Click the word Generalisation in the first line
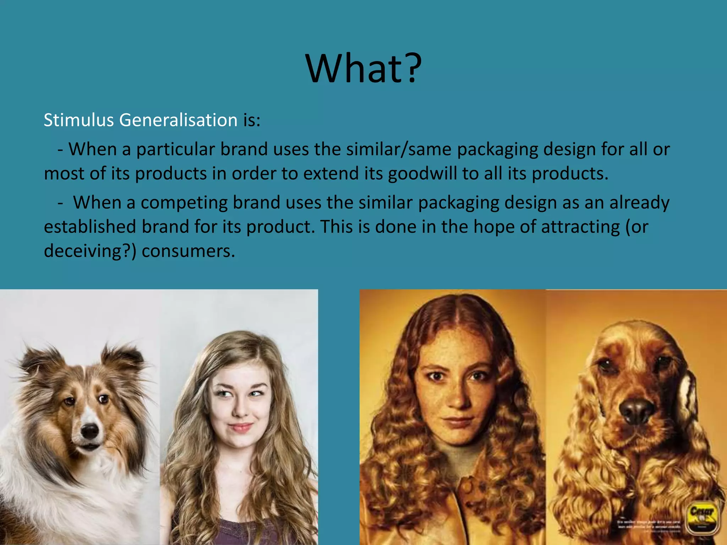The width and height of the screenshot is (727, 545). [x=178, y=120]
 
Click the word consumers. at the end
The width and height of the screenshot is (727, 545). [x=188, y=251]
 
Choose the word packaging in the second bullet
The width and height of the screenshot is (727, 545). [x=458, y=203]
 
